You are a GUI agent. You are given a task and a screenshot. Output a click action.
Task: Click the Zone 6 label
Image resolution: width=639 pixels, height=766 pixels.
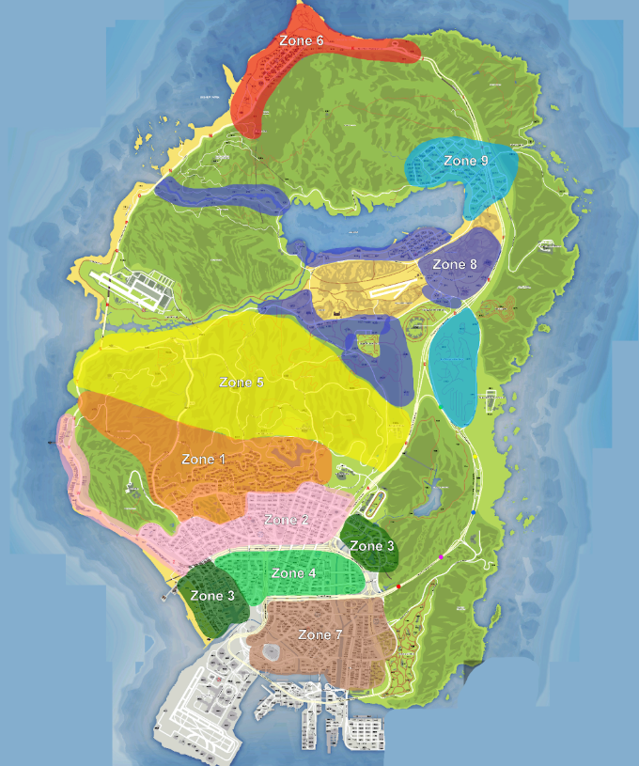click(x=301, y=41)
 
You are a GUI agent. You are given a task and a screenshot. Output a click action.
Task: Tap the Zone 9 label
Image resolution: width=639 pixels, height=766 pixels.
click(x=466, y=162)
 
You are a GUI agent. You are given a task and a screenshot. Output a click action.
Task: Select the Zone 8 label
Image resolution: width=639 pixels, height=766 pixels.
click(x=455, y=265)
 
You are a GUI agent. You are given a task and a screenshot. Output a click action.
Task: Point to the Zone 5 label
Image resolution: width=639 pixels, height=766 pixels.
click(x=242, y=383)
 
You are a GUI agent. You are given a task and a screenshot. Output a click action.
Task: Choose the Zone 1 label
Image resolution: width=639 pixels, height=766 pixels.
click(x=204, y=460)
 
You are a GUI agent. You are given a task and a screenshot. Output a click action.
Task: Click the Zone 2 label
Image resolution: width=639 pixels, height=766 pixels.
click(x=286, y=520)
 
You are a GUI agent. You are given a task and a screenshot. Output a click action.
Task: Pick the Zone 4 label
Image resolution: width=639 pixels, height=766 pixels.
click(x=293, y=573)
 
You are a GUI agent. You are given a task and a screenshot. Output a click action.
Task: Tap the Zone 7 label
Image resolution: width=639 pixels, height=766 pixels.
click(x=320, y=635)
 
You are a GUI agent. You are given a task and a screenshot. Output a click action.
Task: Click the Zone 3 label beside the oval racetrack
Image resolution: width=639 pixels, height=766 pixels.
click(x=372, y=546)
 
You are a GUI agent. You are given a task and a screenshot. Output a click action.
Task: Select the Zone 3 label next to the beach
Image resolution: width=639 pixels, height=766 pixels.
click(x=212, y=596)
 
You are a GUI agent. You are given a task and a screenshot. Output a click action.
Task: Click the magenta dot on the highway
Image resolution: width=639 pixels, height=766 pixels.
click(x=441, y=558)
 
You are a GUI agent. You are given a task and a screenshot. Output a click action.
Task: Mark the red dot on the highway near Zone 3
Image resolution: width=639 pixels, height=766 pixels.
click(x=398, y=586)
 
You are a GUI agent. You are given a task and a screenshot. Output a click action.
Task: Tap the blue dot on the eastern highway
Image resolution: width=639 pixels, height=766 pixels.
click(x=473, y=514)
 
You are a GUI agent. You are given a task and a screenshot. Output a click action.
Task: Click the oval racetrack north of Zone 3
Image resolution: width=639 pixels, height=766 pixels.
click(x=373, y=504)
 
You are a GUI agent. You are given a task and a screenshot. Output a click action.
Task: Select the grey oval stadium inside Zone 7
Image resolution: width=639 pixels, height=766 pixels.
click(x=275, y=650)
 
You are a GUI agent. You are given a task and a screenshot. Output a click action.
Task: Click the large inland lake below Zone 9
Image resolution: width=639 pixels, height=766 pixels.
click(x=376, y=221)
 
